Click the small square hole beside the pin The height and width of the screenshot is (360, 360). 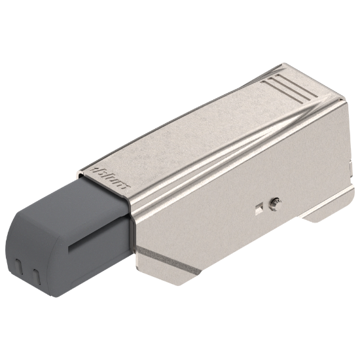[x=259, y=207]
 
